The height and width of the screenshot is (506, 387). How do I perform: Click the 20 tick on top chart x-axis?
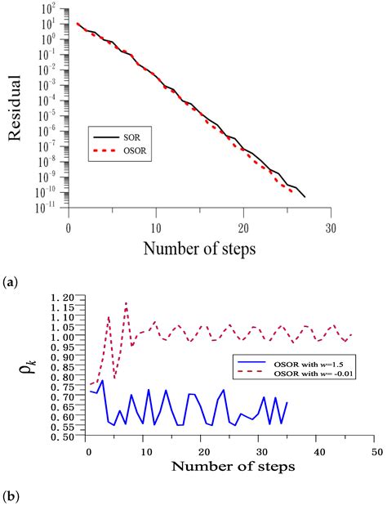point(243,228)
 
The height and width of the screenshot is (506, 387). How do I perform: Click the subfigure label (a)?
point(11,280)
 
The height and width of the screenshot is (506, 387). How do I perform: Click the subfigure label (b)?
point(11,496)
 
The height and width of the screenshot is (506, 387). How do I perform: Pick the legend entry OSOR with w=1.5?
point(294,360)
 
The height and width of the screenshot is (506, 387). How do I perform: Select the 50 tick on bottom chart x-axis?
point(376,450)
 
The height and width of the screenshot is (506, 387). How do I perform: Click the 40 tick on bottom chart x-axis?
point(318,450)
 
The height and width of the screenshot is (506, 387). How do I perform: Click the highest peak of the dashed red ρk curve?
point(126,302)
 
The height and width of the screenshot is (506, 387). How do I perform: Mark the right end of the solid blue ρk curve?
point(287,402)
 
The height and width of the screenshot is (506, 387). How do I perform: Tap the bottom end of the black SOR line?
point(305,197)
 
